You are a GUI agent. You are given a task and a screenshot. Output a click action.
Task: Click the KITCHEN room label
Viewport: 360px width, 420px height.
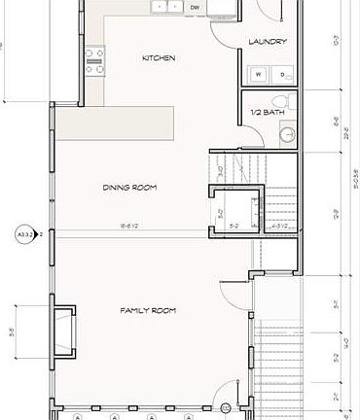click(159, 58)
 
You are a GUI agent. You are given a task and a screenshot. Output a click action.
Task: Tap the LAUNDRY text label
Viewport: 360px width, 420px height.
click(266, 42)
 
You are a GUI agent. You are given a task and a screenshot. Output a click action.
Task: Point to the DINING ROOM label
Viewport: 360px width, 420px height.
click(129, 187)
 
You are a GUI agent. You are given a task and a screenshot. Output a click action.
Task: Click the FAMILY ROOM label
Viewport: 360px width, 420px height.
click(147, 310)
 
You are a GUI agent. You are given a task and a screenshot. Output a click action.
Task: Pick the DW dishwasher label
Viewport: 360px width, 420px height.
click(195, 6)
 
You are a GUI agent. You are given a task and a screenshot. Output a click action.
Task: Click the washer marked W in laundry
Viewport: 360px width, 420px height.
click(259, 74)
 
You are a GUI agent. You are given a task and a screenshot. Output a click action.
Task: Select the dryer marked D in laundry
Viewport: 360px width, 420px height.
click(283, 74)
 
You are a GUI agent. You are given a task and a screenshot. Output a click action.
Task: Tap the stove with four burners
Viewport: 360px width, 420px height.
click(94, 61)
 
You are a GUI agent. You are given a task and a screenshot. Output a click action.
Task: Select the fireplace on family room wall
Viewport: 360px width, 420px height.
click(62, 331)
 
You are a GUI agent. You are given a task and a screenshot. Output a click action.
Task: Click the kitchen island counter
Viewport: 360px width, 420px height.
click(115, 122)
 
